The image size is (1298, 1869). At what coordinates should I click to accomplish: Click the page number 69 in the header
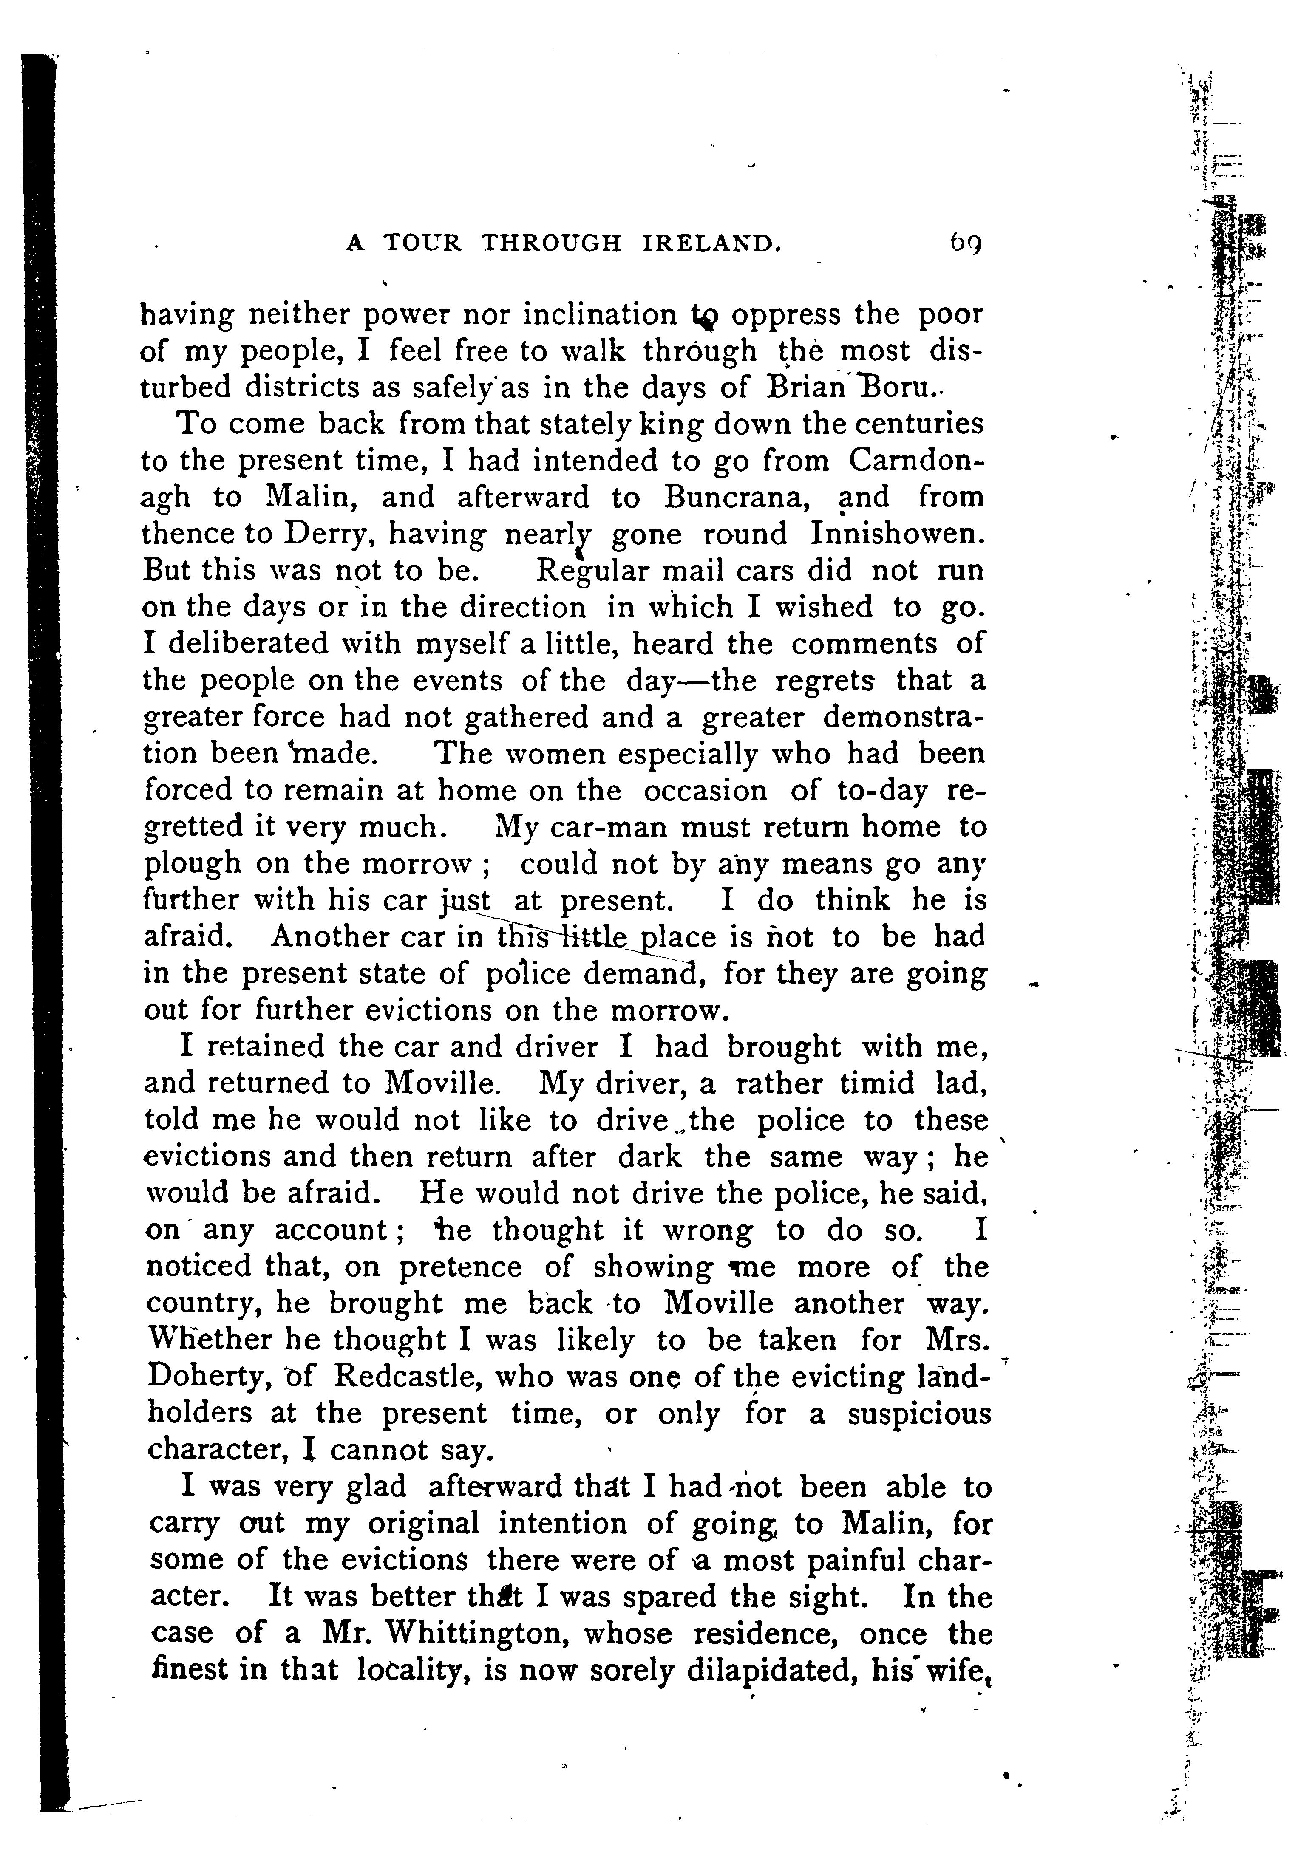point(964,243)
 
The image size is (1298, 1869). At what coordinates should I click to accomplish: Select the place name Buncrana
point(734,497)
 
